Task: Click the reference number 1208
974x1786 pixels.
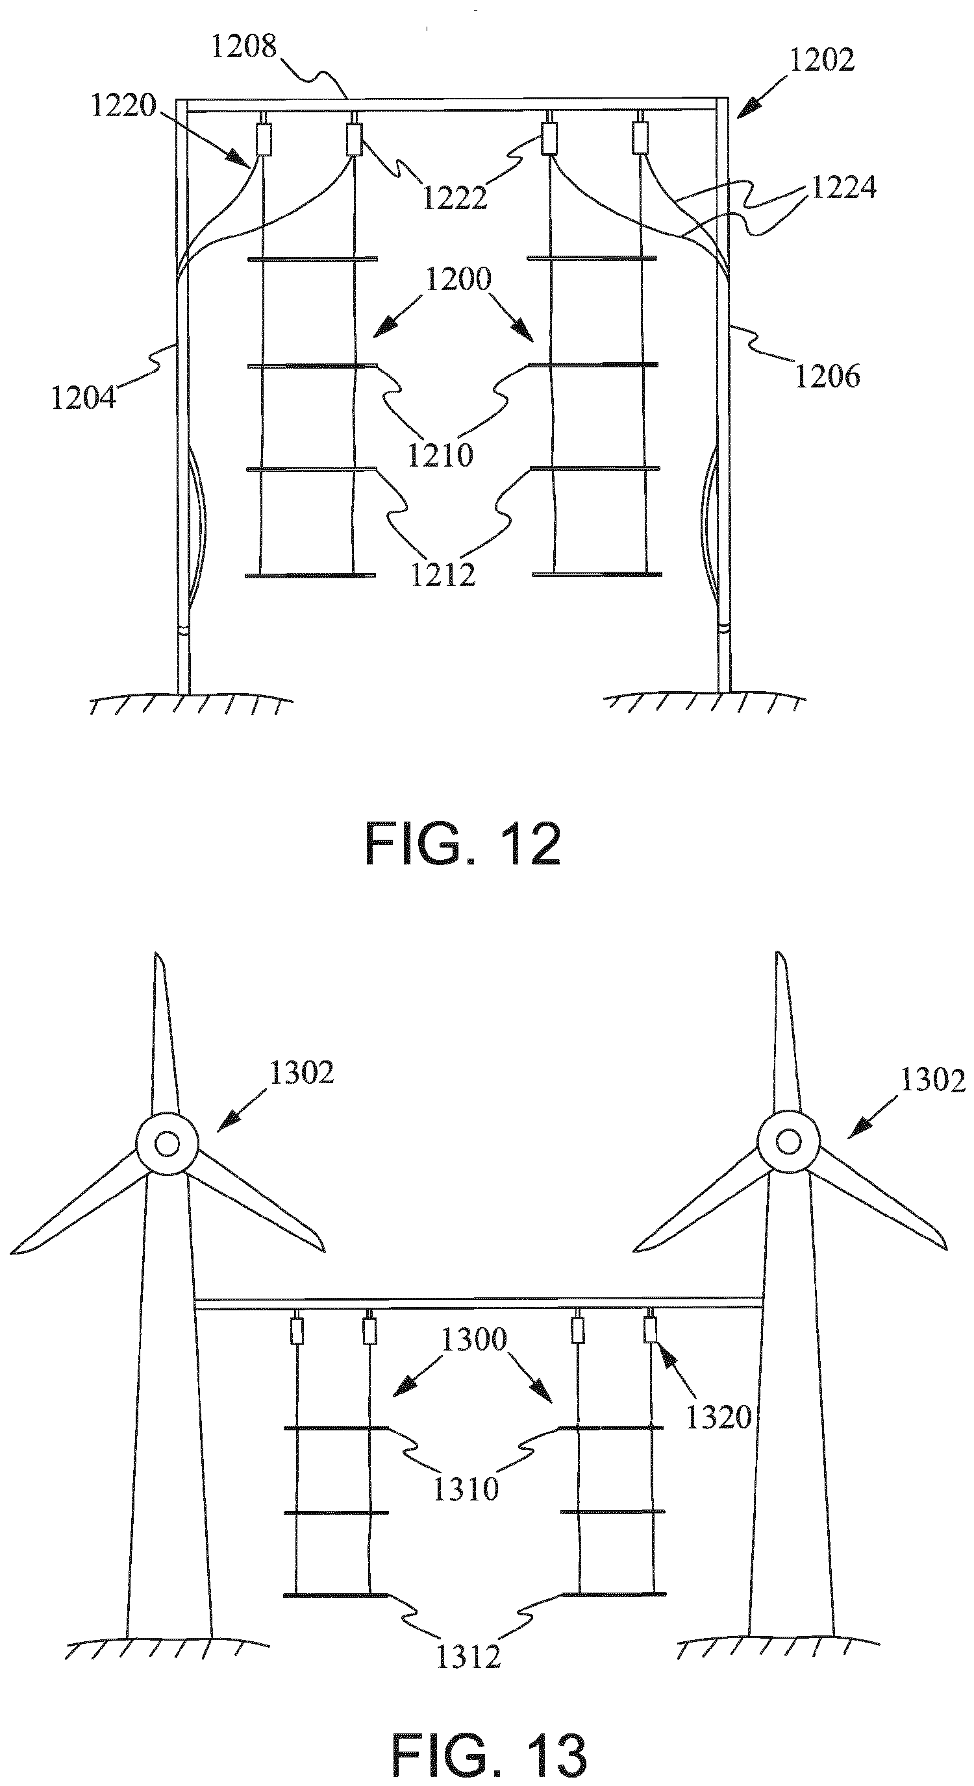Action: (244, 47)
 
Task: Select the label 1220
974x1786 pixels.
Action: (124, 105)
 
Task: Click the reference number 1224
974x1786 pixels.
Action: (843, 187)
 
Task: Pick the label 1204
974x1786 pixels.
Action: (84, 398)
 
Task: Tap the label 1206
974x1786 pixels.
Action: (828, 376)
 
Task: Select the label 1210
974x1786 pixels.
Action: (440, 456)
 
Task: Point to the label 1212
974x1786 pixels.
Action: (443, 575)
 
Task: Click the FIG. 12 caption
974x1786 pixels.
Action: (463, 844)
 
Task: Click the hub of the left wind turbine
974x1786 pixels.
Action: (166, 1144)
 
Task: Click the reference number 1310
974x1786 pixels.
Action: (466, 1489)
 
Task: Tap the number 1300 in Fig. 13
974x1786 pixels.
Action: (475, 1340)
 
